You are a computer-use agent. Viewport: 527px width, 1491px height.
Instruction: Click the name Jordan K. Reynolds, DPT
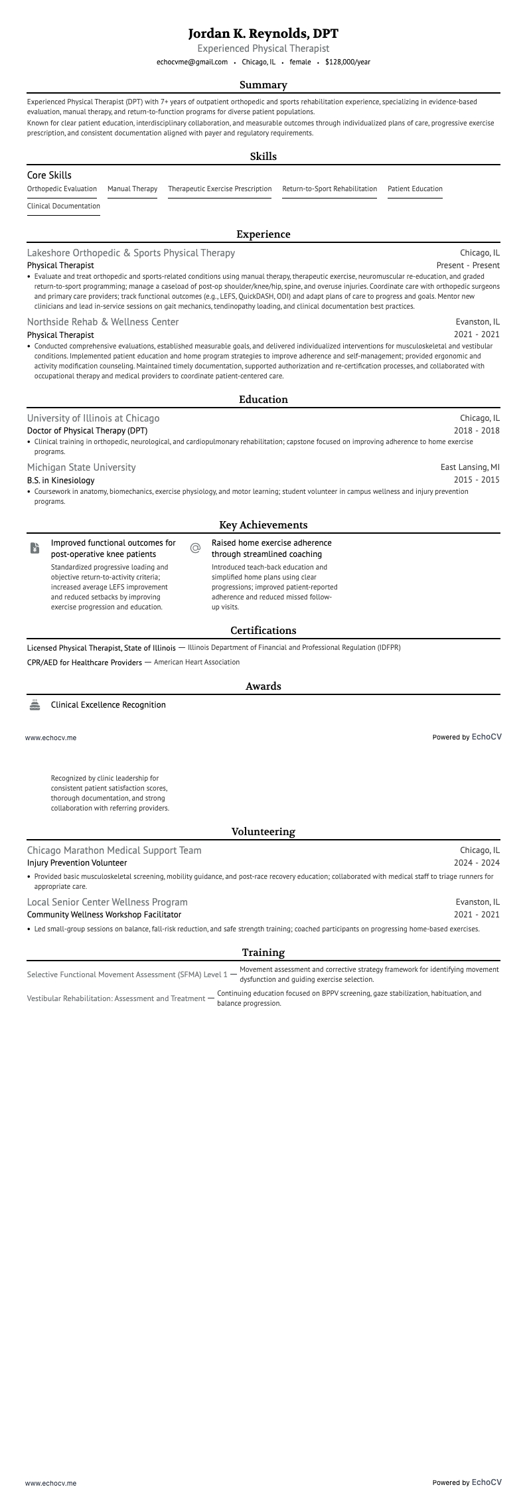(263, 34)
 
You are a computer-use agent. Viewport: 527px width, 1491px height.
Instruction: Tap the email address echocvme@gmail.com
(192, 62)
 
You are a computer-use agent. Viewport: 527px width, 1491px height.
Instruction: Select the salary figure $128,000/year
(348, 62)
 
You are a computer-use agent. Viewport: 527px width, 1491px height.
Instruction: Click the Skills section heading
(263, 157)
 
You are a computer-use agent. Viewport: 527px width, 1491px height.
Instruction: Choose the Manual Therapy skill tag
(132, 189)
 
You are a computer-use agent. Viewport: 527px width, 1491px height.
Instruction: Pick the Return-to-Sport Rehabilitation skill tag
(329, 189)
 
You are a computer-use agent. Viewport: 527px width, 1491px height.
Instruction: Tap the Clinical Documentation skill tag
(64, 206)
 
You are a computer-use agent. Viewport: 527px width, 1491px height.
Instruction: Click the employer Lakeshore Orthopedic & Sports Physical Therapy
(131, 253)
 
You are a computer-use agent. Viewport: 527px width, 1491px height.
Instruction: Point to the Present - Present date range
(468, 266)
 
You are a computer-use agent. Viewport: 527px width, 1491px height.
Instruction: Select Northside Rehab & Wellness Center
(103, 322)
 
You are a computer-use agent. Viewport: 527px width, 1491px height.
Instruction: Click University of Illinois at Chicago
(93, 418)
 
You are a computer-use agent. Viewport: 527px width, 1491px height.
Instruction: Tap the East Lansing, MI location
(470, 467)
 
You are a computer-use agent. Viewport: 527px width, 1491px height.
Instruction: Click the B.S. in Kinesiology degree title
(61, 480)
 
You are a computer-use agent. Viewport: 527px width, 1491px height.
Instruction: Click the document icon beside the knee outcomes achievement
(35, 548)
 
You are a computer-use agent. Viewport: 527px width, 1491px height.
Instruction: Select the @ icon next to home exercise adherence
(195, 548)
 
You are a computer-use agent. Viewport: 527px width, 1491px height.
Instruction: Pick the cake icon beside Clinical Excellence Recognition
(35, 705)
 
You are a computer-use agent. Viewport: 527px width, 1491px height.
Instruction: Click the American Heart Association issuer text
(196, 663)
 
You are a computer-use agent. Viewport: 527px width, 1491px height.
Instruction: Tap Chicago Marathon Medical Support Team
(114, 850)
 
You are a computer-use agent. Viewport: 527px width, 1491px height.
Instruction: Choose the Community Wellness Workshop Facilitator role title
(104, 915)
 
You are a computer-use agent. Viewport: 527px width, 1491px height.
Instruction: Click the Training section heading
(263, 953)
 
